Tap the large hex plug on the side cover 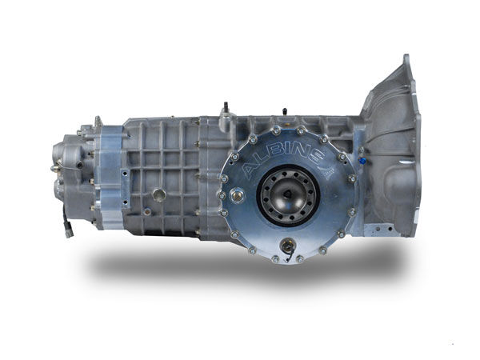pyautogui.click(x=237, y=194)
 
